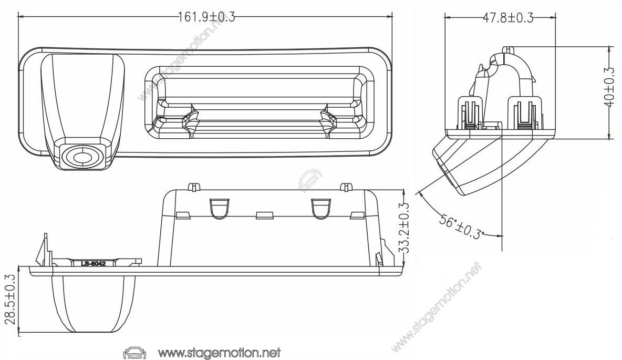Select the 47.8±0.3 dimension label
coord(508,18)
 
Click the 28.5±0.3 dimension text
coord(9,301)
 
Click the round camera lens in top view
coord(81,157)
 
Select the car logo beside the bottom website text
coord(133,352)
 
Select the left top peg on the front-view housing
coord(193,186)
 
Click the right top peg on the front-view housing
coord(345,186)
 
